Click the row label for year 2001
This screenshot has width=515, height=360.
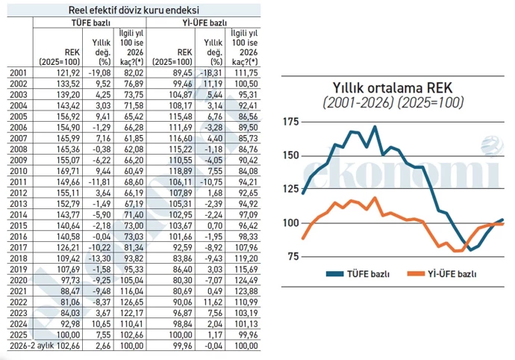19,72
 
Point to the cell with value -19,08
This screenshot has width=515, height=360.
96,72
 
